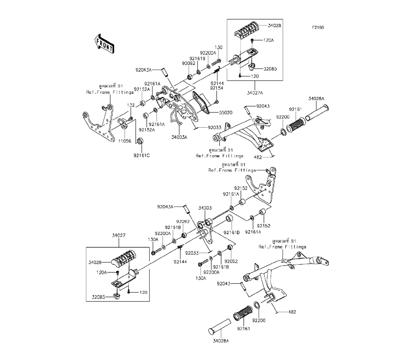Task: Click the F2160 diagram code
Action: pos(318,28)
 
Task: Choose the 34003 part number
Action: pos(204,208)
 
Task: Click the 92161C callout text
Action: pos(141,155)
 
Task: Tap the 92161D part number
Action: pos(231,232)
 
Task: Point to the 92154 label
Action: pos(217,88)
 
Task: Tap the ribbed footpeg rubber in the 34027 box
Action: pos(122,260)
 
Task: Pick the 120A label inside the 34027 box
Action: pos(101,272)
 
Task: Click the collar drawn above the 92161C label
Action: pos(140,142)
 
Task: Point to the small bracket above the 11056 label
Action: pos(122,122)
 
